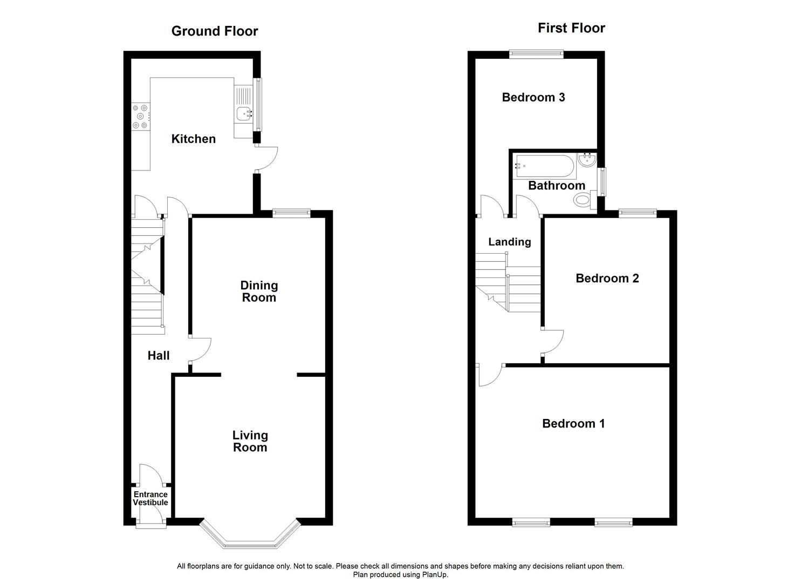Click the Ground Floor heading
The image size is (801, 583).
(x=215, y=31)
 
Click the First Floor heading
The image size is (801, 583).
(x=571, y=28)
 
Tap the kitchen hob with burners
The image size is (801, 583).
(x=141, y=116)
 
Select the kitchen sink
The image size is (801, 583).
(x=244, y=113)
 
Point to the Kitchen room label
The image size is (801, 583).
(x=193, y=139)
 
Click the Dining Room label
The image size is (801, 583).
(x=259, y=291)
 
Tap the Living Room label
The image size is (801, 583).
(x=250, y=441)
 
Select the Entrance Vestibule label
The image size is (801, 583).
(x=150, y=498)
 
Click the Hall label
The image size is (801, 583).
(x=159, y=355)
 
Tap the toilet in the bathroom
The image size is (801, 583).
(x=584, y=200)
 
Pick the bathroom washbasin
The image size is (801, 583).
(x=586, y=160)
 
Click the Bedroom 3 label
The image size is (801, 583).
(x=533, y=97)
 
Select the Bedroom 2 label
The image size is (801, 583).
(x=607, y=278)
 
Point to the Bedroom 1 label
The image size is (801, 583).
(x=573, y=423)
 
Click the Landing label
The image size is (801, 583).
(x=509, y=242)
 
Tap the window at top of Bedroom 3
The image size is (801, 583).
(x=536, y=54)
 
